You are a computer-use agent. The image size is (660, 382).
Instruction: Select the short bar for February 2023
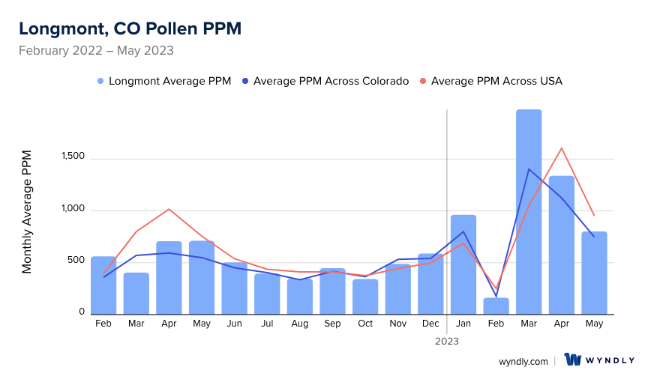coord(496,306)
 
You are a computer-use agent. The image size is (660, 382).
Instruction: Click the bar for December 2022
coord(430,284)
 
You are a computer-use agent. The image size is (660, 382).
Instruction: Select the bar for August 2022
coord(299,297)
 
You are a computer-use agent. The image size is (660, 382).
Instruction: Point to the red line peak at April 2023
coord(562,148)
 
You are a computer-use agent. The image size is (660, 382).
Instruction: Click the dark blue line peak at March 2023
coord(529,169)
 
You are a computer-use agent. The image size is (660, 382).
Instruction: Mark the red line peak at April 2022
coord(169,209)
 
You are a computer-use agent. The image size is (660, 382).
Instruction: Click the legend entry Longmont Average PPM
coord(163,81)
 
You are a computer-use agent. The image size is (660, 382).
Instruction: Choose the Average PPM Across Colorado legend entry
coord(331,81)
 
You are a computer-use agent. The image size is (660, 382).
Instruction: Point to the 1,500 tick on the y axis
coord(73,158)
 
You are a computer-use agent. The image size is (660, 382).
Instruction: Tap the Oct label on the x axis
coord(365,324)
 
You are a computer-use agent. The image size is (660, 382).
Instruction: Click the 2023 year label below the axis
coord(447,341)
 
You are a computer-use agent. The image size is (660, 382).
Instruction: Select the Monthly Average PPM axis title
coord(27,211)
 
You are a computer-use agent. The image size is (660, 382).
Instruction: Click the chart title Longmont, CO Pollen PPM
coord(130,28)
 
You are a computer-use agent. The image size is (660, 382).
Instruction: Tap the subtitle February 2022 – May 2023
coord(96,51)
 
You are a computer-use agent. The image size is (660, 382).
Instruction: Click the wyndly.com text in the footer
coord(523,361)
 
